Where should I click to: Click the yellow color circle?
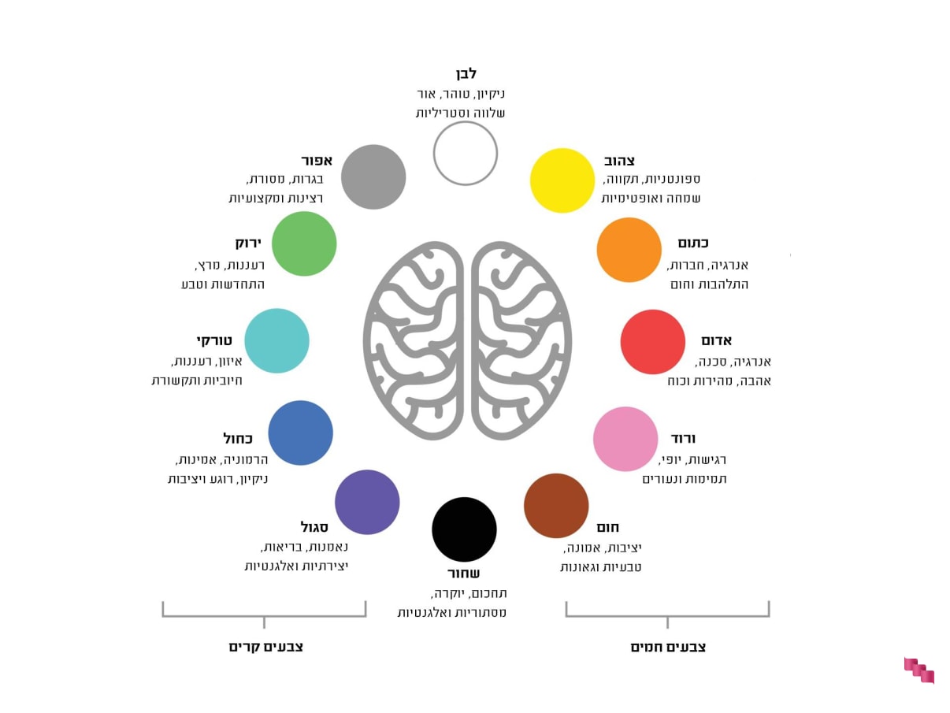point(562,180)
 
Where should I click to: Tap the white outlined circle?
point(466,153)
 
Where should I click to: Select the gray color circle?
point(373,176)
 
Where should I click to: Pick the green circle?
point(304,243)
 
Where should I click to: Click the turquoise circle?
point(276,340)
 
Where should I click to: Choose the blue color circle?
point(300,433)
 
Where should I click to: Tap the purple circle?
point(367,502)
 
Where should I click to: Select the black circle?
point(464,529)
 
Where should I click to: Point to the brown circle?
point(556,506)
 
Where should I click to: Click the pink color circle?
point(625,439)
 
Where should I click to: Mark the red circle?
point(653,342)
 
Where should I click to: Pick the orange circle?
point(629,250)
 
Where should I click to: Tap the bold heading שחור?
point(463,573)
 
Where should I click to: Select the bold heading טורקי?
point(214,340)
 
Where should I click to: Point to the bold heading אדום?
point(717,340)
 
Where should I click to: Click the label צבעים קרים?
point(266,647)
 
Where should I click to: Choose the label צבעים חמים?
point(668,647)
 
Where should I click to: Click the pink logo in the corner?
point(918,670)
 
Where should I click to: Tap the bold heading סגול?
point(314,527)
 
